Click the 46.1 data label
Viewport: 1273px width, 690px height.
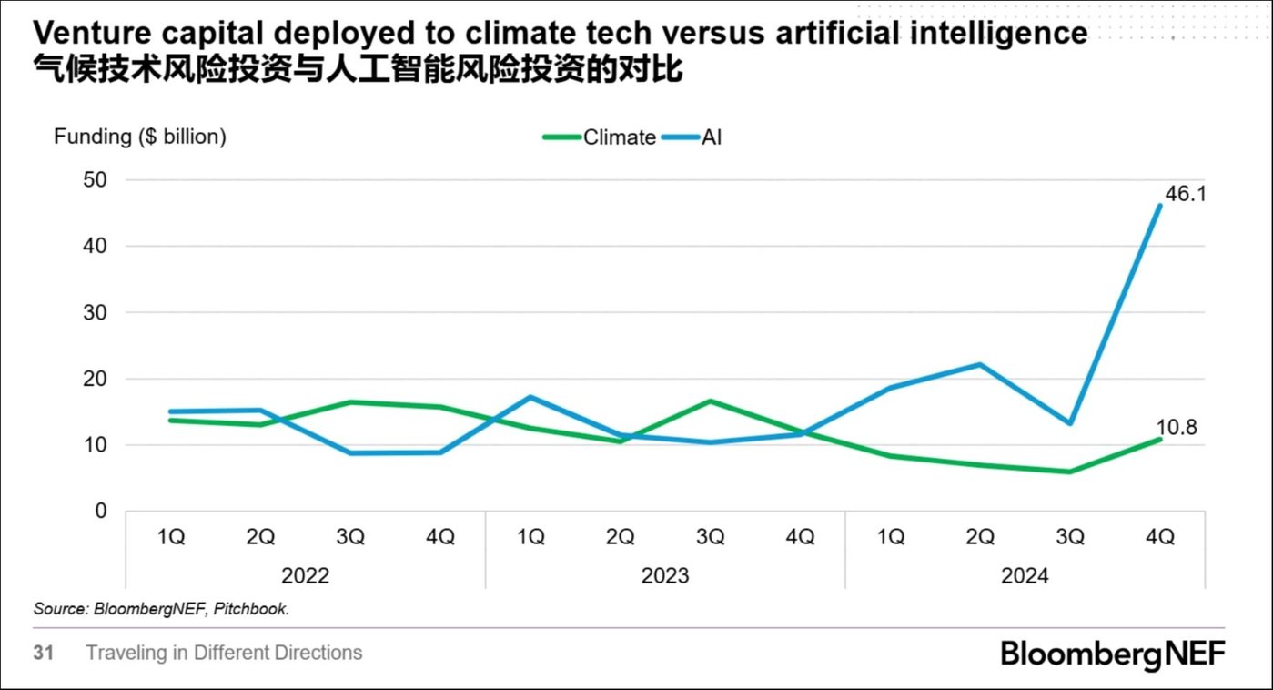tap(1186, 194)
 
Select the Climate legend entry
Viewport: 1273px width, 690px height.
tap(619, 137)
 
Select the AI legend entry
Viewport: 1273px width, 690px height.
tap(712, 137)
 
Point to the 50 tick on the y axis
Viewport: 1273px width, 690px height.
tap(96, 180)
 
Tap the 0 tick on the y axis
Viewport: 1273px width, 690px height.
tap(101, 512)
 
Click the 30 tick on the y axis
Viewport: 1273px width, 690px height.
tap(96, 312)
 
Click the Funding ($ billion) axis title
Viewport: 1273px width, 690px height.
tap(140, 137)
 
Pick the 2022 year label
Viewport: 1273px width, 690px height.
tap(305, 576)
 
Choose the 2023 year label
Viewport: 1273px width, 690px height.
tap(665, 576)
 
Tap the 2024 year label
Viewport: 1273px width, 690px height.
tap(1025, 576)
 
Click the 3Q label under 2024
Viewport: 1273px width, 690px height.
tap(1070, 537)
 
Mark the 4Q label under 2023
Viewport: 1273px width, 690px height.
tap(800, 537)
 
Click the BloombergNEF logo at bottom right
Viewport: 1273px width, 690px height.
tap(1112, 654)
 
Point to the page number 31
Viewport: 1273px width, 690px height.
tap(44, 654)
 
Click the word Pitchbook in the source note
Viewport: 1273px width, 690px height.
tap(257, 609)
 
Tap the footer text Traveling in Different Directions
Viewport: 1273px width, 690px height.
tap(224, 654)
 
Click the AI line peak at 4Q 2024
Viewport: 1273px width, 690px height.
tap(1160, 206)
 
